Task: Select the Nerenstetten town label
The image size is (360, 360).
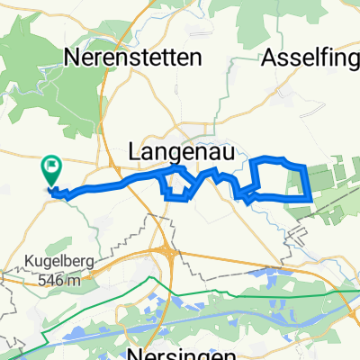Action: click(x=133, y=58)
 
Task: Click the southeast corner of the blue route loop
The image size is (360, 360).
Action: click(x=310, y=198)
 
